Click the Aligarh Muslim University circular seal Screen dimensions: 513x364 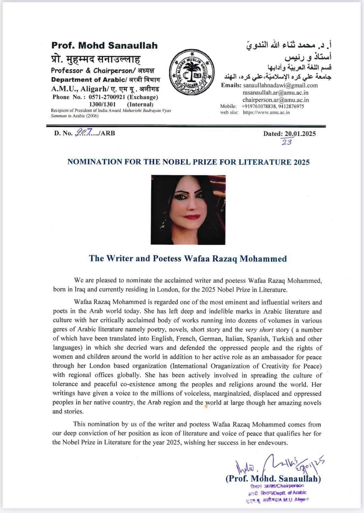[x=191, y=72]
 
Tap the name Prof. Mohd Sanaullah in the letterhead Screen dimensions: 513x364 [x=104, y=45]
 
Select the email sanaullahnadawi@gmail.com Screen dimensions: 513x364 [x=280, y=85]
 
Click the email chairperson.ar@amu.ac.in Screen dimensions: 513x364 [x=275, y=100]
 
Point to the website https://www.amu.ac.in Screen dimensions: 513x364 [x=266, y=113]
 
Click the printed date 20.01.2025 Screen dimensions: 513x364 [x=300, y=133]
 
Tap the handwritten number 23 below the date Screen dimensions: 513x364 [x=287, y=142]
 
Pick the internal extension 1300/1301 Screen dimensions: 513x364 [x=102, y=104]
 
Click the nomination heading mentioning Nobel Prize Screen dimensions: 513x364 [x=188, y=162]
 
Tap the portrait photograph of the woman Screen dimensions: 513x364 [x=188, y=210]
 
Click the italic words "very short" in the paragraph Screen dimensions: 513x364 [x=259, y=330]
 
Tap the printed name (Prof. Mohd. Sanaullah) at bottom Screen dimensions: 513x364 [x=273, y=479]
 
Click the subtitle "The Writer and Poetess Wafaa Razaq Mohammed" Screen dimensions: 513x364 [x=188, y=258]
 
